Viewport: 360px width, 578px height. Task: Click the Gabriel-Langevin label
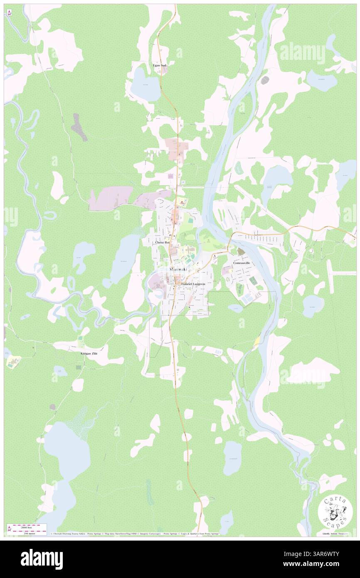(x=193, y=284)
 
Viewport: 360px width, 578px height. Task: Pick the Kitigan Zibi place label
(x=89, y=353)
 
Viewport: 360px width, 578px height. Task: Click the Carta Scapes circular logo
(x=335, y=511)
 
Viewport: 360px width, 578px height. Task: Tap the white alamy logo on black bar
(x=42, y=559)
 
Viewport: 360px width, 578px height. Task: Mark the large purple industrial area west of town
(x=110, y=198)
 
